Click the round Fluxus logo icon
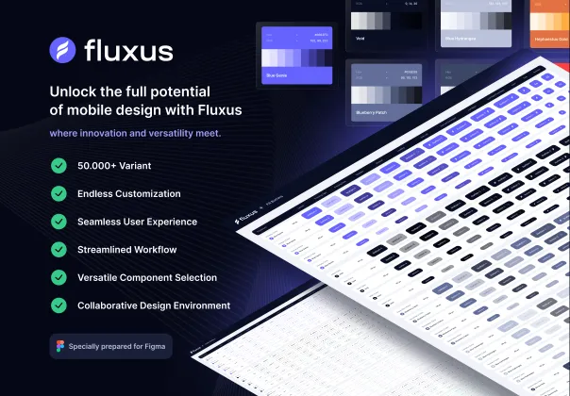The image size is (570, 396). click(62, 50)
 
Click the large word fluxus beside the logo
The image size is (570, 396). click(128, 50)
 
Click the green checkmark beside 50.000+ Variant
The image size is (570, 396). click(59, 166)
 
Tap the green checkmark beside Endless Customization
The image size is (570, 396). click(59, 193)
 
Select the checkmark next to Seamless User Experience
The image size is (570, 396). click(59, 222)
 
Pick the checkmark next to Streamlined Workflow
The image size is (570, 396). click(59, 250)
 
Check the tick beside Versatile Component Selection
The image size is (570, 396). click(59, 277)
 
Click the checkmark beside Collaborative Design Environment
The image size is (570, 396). click(59, 305)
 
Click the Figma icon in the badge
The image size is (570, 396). click(61, 346)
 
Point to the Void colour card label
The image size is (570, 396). click(361, 40)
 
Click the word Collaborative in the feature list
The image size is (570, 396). click(109, 305)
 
